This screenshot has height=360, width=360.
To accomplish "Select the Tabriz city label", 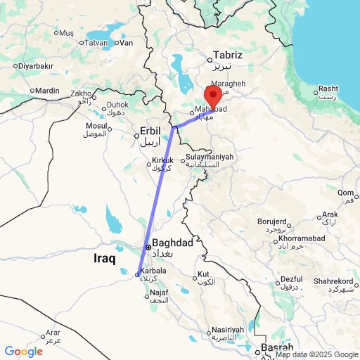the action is [228, 55].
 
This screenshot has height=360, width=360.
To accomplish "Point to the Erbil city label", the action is [150, 131].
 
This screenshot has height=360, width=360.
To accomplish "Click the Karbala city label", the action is [153, 271].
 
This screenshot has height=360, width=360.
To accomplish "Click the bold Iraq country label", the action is [109, 259].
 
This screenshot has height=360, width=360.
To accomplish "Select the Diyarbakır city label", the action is [35, 65].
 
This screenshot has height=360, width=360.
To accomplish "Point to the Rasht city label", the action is [328, 89].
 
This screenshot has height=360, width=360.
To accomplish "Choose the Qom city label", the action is [345, 193].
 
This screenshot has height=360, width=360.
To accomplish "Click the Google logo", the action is [23, 352].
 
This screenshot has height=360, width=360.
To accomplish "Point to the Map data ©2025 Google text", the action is [317, 354].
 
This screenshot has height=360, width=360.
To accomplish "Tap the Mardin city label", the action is [48, 91].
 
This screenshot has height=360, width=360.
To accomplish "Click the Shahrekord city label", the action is [333, 281].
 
